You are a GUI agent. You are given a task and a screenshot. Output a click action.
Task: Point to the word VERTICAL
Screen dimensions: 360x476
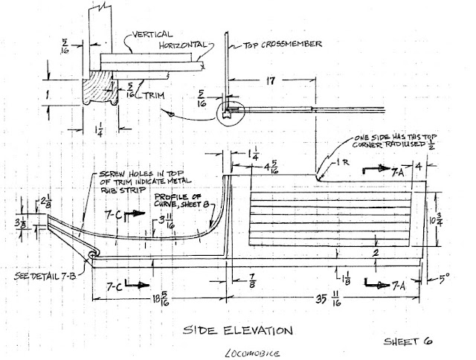click(153, 33)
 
